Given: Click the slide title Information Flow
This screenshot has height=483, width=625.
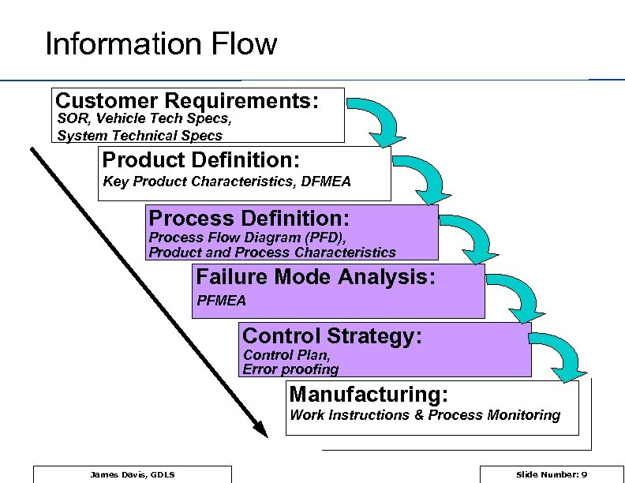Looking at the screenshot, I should [x=161, y=44].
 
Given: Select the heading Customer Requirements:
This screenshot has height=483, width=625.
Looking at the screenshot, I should [x=187, y=101].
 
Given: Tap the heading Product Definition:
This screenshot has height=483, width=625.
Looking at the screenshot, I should [x=200, y=160].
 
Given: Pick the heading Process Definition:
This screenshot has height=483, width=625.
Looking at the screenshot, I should [x=249, y=218].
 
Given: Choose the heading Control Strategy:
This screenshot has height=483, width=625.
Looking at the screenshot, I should [x=332, y=336].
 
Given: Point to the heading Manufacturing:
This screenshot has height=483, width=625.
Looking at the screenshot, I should [x=369, y=394].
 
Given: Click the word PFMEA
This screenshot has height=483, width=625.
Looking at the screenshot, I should [x=221, y=301].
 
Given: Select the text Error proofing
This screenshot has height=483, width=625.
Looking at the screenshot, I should [x=290, y=369].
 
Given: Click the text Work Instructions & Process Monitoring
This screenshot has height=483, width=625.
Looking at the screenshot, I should [x=425, y=415].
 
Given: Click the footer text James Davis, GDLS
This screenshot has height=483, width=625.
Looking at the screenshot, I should [x=133, y=474].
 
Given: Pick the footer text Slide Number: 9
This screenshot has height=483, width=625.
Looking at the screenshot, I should [x=551, y=474].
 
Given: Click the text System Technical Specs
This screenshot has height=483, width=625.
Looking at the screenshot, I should [x=140, y=135].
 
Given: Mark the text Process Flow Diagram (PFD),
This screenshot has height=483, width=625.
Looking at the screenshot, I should [x=248, y=238].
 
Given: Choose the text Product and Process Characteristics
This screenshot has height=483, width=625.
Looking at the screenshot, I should [x=272, y=253].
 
